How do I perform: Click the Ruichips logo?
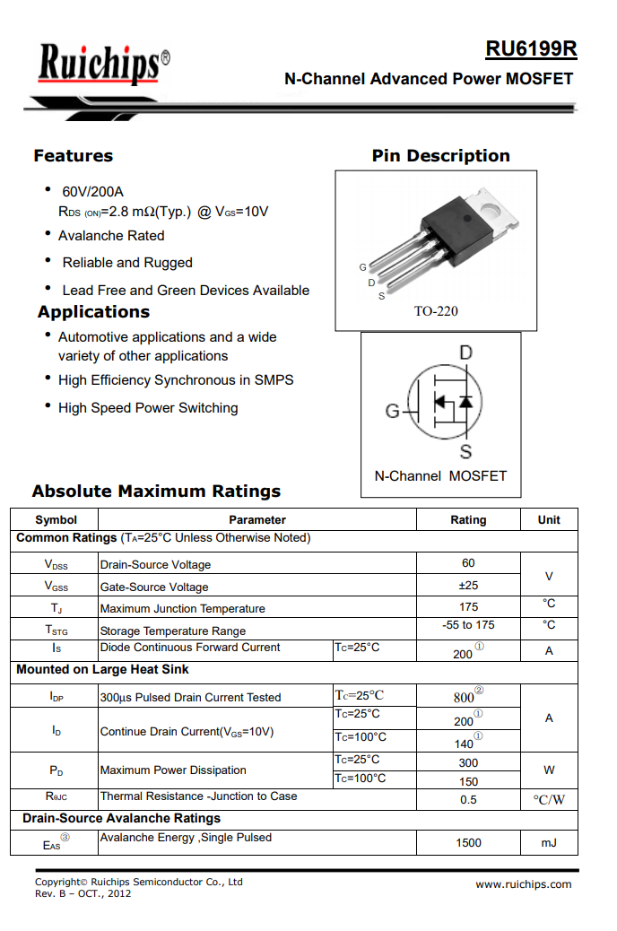coord(101,65)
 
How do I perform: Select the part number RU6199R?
coord(531,49)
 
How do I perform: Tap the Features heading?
coord(74,156)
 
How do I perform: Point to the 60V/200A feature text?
coord(92,192)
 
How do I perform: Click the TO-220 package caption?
coord(436,311)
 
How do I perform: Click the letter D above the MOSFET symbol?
coord(465,353)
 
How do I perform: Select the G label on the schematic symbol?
coord(392,411)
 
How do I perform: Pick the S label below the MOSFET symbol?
coord(465,451)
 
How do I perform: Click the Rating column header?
coord(468,519)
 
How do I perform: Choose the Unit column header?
coord(549,519)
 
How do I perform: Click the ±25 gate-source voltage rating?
coord(468,586)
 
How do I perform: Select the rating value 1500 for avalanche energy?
coord(468,842)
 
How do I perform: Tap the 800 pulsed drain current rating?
coord(465,697)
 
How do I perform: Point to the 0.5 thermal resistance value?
coord(468,799)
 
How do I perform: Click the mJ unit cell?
coord(549,842)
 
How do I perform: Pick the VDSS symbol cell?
coord(56,565)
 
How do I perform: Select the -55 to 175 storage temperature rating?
coord(468,625)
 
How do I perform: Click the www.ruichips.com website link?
coord(523,884)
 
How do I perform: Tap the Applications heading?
coord(93,312)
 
